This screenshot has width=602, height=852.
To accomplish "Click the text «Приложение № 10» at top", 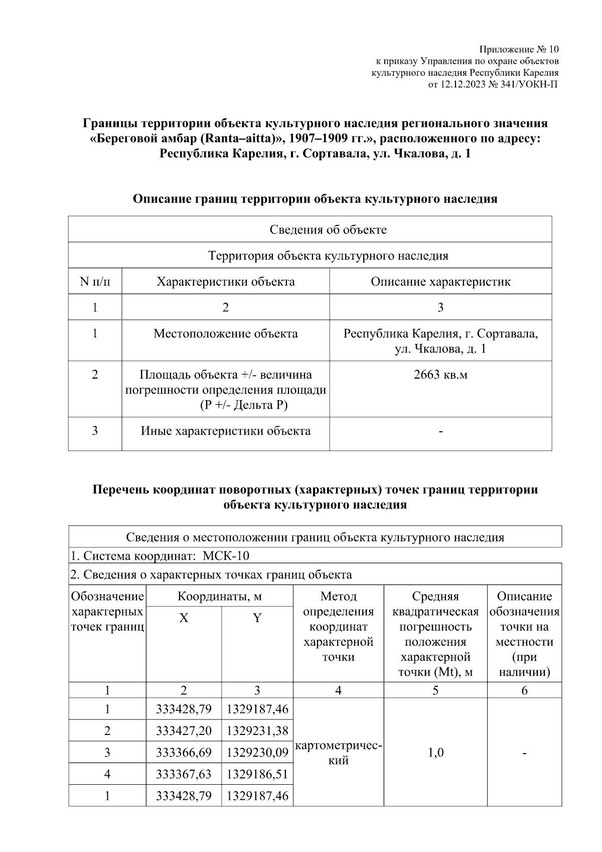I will pyautogui.click(x=519, y=49).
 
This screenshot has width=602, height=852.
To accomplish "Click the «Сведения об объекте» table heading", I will pyautogui.click(x=328, y=229).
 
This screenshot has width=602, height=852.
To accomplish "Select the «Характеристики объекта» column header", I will pyautogui.click(x=225, y=281).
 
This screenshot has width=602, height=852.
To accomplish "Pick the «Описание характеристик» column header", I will pyautogui.click(x=440, y=281).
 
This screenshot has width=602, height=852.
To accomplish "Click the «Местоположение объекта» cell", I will pyautogui.click(x=225, y=333).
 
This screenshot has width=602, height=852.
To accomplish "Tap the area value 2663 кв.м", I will pyautogui.click(x=440, y=375).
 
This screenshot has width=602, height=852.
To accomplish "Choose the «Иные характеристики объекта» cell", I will pyautogui.click(x=225, y=431).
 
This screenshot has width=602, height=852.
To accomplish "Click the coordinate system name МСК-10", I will pyautogui.click(x=226, y=556).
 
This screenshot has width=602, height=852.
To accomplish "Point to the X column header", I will pyautogui.click(x=184, y=618).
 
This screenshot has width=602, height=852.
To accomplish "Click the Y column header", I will pyautogui.click(x=257, y=618).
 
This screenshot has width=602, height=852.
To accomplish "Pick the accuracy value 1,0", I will pyautogui.click(x=435, y=753).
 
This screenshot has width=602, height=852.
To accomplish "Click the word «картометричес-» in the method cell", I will pyautogui.click(x=339, y=746).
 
